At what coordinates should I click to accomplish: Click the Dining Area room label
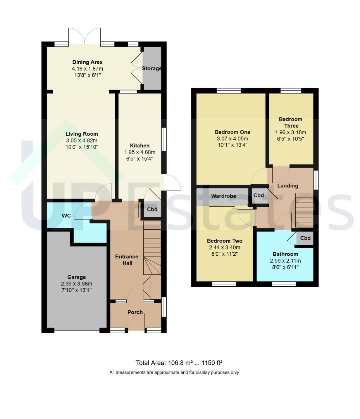(88, 62)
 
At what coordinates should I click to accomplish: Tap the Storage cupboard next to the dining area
(152, 68)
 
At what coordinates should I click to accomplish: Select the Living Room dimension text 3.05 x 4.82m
(82, 140)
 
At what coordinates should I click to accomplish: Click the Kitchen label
(140, 145)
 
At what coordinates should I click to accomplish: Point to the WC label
(66, 216)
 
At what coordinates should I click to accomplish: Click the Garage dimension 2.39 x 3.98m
(77, 284)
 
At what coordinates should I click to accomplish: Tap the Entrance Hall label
(127, 260)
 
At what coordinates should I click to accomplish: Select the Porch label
(135, 312)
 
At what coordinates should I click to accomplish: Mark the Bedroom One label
(233, 132)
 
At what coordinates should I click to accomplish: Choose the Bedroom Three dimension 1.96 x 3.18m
(291, 132)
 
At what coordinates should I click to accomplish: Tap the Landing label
(288, 186)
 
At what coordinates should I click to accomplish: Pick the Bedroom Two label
(225, 241)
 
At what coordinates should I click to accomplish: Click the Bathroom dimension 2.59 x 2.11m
(285, 261)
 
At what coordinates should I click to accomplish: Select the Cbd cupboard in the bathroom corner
(305, 238)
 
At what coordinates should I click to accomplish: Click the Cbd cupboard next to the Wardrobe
(258, 195)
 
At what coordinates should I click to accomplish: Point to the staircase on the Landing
(304, 210)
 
